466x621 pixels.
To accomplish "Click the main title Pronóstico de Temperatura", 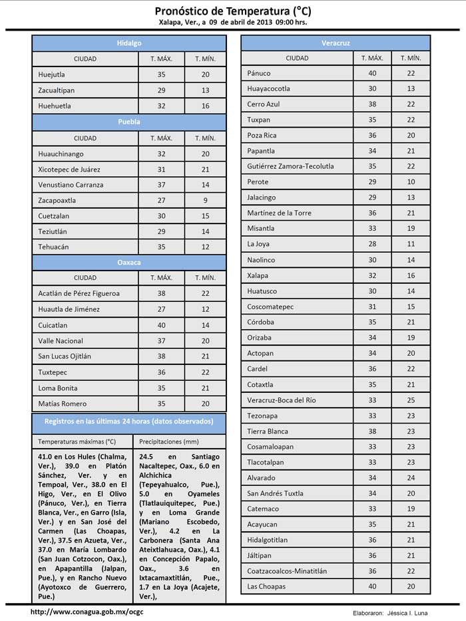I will point(232,11).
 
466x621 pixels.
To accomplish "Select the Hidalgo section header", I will point(129,43).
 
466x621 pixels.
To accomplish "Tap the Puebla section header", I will point(129,122).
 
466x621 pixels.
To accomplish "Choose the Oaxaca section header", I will point(129,263).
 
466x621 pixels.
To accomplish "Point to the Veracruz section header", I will point(336,43).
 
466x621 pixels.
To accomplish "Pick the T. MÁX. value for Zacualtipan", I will point(162,90).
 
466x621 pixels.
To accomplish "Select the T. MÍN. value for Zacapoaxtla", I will point(205,200).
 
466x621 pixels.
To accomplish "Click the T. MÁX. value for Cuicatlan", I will point(162,325).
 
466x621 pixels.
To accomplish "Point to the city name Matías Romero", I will point(63,404).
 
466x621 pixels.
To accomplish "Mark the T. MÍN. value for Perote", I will point(411,182).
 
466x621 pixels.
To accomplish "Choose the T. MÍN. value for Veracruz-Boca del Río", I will point(411,400).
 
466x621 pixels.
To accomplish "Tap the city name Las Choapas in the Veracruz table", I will point(266,586).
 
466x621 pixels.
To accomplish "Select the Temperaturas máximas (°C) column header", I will point(77,441).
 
